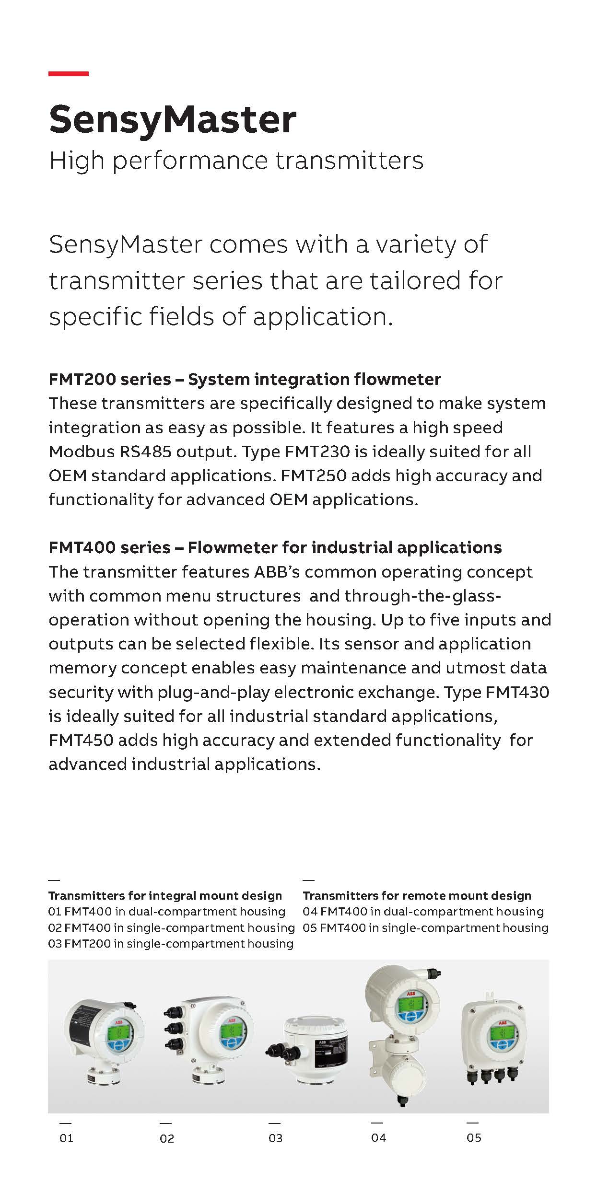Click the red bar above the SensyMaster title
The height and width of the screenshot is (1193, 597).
(x=69, y=74)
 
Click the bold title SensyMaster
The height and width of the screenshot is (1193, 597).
(x=173, y=119)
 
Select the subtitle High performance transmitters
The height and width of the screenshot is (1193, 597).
(x=236, y=161)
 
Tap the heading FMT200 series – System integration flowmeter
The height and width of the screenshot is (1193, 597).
(x=245, y=379)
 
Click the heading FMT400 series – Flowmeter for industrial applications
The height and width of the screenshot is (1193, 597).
(x=275, y=547)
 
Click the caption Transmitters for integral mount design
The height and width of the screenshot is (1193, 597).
(x=165, y=895)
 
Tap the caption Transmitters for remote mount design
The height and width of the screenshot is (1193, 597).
(x=417, y=895)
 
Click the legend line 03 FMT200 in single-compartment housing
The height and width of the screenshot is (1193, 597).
(x=170, y=943)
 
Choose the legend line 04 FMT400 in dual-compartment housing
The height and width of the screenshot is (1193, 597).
(x=423, y=911)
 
